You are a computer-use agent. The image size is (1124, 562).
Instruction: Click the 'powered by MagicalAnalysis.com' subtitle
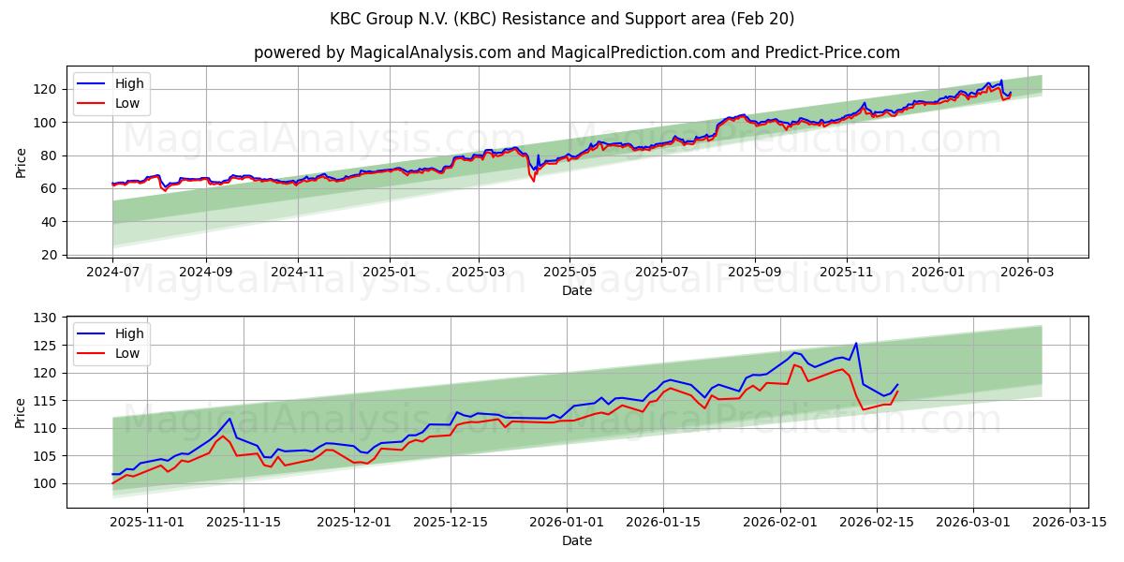576,52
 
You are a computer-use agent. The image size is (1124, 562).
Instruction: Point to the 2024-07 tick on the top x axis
113,272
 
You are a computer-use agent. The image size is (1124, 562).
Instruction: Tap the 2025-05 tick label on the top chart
569,272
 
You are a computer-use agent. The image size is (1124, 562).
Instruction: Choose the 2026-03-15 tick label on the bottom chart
1068,523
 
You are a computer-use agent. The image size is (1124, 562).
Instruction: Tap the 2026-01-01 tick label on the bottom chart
567,523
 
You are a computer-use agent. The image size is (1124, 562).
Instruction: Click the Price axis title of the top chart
22,162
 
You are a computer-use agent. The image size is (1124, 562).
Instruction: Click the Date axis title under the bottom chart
576,540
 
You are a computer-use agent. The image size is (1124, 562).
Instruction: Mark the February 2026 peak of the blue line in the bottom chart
855,343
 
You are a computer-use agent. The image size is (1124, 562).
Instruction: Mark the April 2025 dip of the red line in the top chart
534,180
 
